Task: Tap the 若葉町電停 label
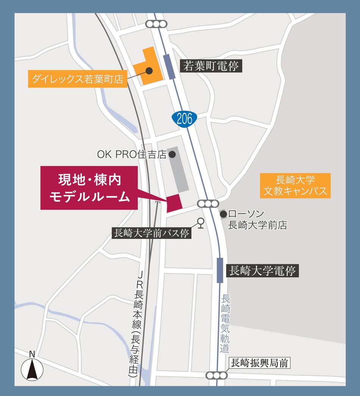[211, 67]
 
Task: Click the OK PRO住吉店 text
[131, 154]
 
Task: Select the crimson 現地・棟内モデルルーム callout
[89, 188]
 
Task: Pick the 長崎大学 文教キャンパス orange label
[296, 185]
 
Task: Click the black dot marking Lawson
[224, 214]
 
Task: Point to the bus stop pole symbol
[200, 224]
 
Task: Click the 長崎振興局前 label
[260, 363]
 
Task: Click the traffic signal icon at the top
[157, 24]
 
